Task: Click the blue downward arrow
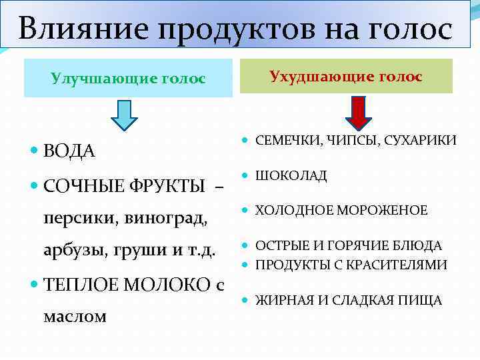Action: pyautogui.click(x=124, y=113)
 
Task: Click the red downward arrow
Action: pyautogui.click(x=359, y=113)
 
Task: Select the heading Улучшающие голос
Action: pyautogui.click(x=128, y=79)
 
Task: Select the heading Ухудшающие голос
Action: pyautogui.click(x=345, y=77)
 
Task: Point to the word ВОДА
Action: pyautogui.click(x=69, y=151)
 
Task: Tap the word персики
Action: pyautogui.click(x=74, y=217)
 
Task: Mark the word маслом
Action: pyautogui.click(x=75, y=316)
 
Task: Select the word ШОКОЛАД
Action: pyautogui.click(x=291, y=175)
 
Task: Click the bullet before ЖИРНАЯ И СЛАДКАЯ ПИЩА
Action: pyautogui.click(x=246, y=301)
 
